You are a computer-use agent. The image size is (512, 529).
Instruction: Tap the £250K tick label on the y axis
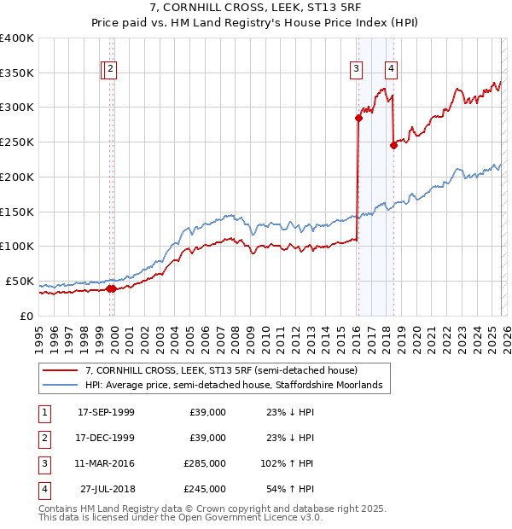[x=17, y=142]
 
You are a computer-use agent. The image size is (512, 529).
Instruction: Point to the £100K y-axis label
[x=17, y=246]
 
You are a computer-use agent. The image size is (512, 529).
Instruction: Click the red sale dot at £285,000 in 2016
[x=358, y=118]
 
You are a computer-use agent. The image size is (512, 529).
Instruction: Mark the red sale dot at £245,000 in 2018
[x=393, y=145]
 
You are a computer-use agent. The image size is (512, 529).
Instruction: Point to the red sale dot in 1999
[x=112, y=288]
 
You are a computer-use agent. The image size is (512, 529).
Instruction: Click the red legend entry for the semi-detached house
[x=227, y=370]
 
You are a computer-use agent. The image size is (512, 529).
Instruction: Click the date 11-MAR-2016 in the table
[x=106, y=463]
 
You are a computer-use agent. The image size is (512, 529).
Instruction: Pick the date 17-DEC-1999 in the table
[x=106, y=438]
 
